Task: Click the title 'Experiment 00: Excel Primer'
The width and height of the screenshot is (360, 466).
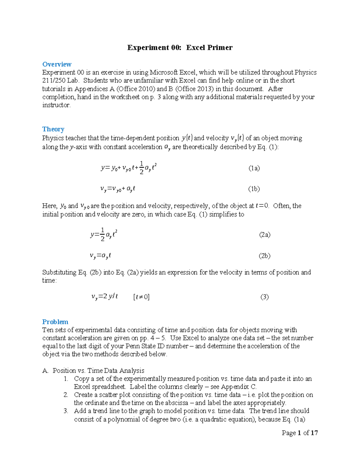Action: pos(180,48)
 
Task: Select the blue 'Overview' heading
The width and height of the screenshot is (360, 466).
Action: pos(57,64)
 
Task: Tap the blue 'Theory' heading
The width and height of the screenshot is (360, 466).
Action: pos(53,129)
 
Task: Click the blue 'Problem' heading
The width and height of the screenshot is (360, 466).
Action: pos(55,322)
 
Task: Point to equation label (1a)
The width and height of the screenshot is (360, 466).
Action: pos(254,168)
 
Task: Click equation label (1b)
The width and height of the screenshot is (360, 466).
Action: pos(254,189)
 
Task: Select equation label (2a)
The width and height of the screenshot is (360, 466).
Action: pos(265,235)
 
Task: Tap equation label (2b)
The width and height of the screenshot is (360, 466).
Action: pos(265,256)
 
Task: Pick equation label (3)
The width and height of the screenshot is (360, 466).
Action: pos(264,297)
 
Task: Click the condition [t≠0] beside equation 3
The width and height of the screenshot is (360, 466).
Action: pos(141,297)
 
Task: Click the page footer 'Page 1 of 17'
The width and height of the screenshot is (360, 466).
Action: pos(300,433)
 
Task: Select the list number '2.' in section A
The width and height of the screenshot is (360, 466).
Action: pos(66,395)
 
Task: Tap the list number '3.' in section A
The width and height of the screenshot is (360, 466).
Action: pos(66,411)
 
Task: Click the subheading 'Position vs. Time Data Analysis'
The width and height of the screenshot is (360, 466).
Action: pos(98,371)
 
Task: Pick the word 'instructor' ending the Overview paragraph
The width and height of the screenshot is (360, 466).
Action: pos(56,105)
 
